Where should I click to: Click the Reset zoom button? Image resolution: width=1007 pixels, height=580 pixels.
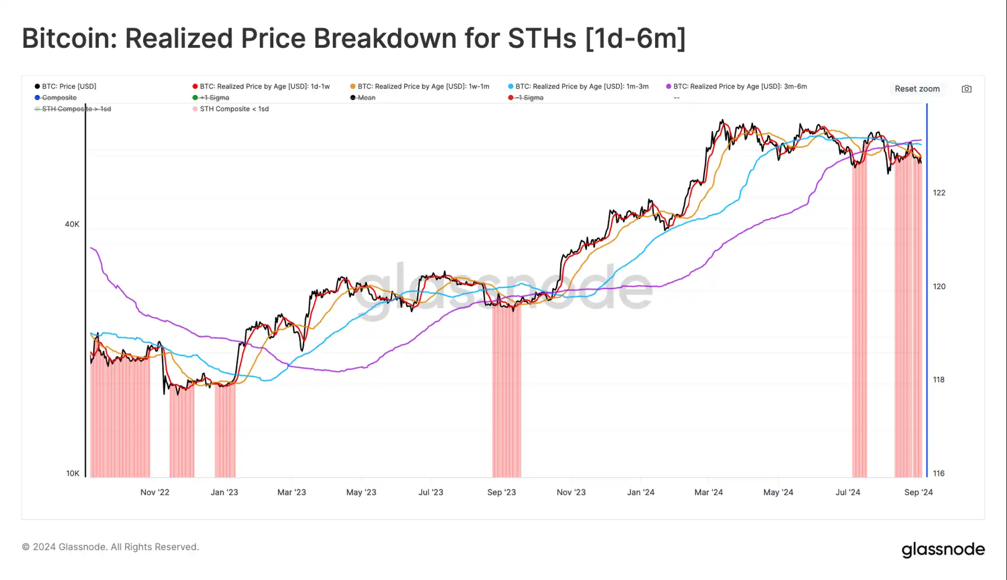(x=917, y=89)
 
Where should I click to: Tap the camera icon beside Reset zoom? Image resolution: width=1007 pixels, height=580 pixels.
(x=966, y=89)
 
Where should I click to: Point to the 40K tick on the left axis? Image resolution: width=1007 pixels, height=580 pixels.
(x=72, y=224)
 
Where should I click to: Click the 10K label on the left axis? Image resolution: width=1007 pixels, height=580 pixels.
(x=73, y=473)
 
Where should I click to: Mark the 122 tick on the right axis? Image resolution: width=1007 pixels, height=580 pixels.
(x=939, y=193)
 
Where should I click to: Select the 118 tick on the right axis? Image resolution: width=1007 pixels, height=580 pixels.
(x=939, y=380)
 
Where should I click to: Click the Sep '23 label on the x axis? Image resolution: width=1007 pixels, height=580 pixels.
(x=501, y=492)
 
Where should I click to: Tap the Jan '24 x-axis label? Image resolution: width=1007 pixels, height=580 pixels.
(x=640, y=492)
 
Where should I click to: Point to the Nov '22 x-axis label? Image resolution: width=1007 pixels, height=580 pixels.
(x=155, y=492)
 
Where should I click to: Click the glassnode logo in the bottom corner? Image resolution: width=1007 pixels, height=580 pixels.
(x=943, y=549)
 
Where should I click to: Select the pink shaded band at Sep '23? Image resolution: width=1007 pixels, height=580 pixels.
(x=507, y=393)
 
